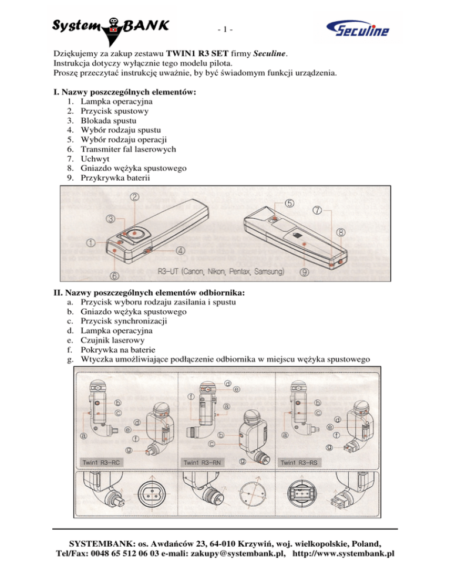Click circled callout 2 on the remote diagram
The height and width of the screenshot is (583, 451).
(x=134, y=198)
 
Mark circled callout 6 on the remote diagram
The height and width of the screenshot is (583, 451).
(x=114, y=275)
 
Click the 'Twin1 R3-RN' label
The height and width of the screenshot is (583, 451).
(x=201, y=462)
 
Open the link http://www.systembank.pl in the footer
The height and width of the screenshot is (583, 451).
(x=343, y=554)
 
